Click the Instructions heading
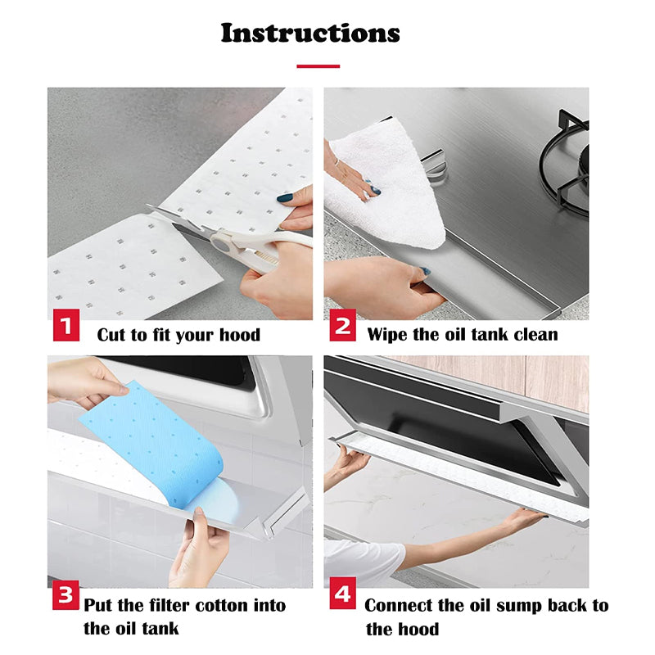pos(310,33)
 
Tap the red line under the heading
pos(318,65)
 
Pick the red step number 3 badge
pos(66,594)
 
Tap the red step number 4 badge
pos(343,594)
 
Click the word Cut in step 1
pos(112,334)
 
